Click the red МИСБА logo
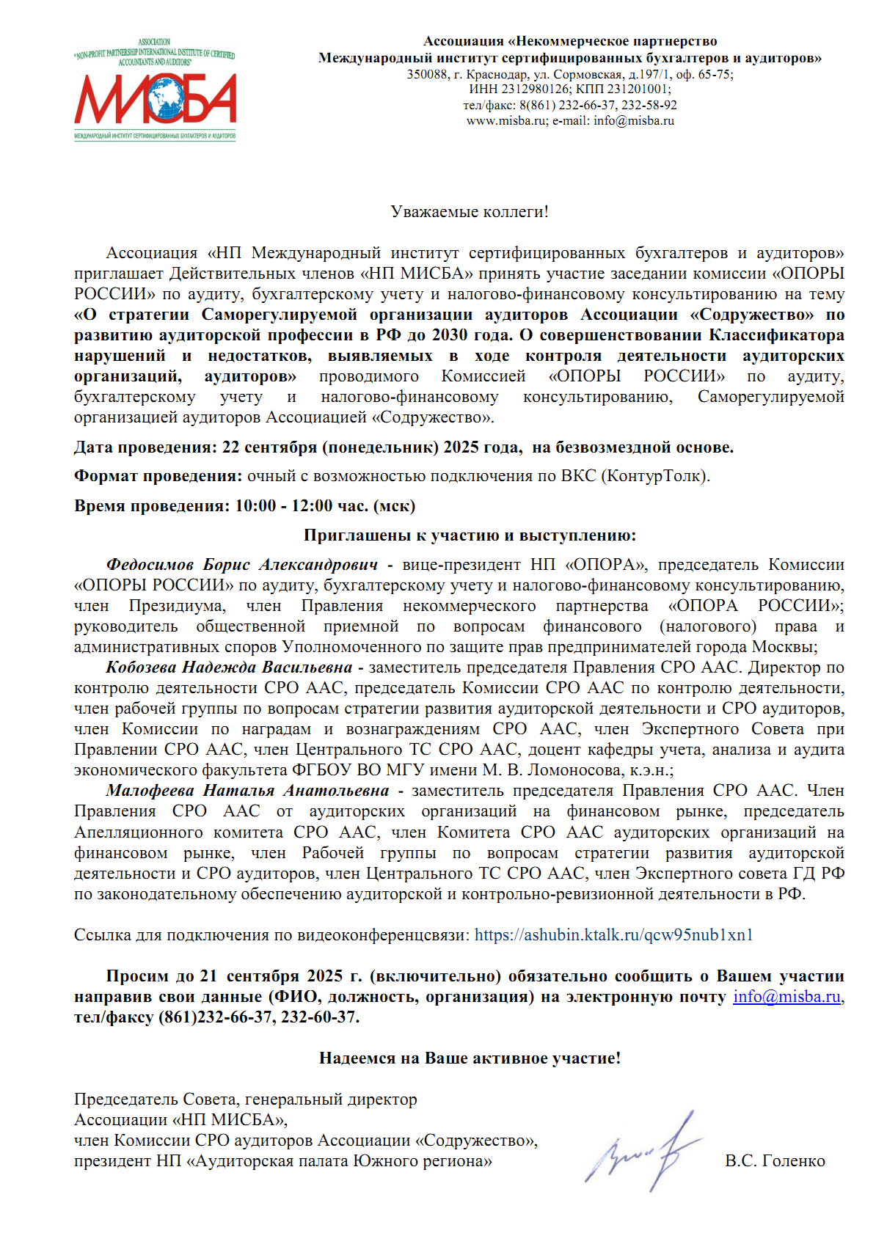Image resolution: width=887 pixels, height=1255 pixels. pyautogui.click(x=155, y=100)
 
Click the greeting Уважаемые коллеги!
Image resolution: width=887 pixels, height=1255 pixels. pyautogui.click(x=469, y=212)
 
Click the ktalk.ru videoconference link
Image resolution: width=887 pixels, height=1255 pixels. pyautogui.click(x=613, y=934)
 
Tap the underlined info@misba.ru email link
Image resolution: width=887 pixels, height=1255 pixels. pyautogui.click(x=786, y=996)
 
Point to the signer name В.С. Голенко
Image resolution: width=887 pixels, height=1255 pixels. pyautogui.click(x=775, y=1160)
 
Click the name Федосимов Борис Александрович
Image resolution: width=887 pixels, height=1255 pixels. pyautogui.click(x=242, y=564)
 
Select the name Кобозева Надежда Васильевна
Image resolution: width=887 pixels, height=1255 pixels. pyautogui.click(x=229, y=667)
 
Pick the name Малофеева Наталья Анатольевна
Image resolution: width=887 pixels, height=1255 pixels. pyautogui.click(x=247, y=790)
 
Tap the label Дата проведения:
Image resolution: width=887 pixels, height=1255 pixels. pyautogui.click(x=145, y=447)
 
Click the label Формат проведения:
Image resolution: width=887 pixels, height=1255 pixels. pyautogui.click(x=158, y=475)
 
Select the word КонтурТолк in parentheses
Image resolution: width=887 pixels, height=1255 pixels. pyautogui.click(x=654, y=475)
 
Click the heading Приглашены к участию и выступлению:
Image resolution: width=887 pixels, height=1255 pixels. pyautogui.click(x=470, y=535)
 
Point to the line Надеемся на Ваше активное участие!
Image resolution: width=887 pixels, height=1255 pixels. pyautogui.click(x=470, y=1058)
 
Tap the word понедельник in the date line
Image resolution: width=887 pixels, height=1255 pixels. pyautogui.click(x=382, y=447)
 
